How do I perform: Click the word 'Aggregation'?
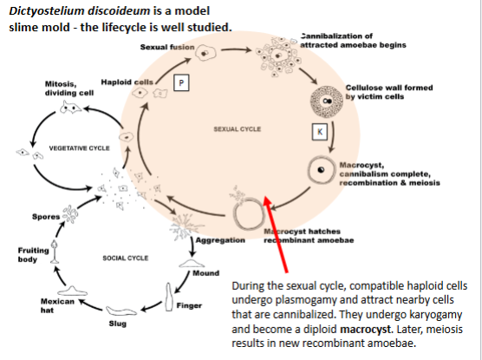click(221, 239)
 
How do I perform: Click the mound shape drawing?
click(192, 263)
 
